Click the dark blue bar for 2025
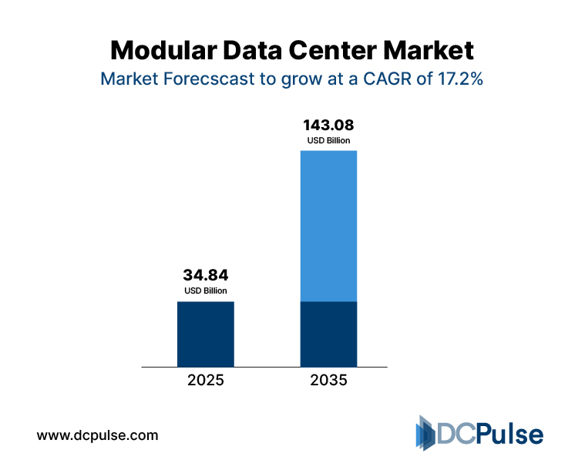pyautogui.click(x=206, y=334)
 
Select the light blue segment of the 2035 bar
pyautogui.click(x=328, y=226)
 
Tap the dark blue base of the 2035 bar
pyautogui.click(x=328, y=334)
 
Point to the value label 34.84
pyautogui.click(x=206, y=275)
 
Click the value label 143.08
pyautogui.click(x=328, y=125)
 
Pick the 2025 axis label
pyautogui.click(x=206, y=381)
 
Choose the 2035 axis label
pyautogui.click(x=328, y=381)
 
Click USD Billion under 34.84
pyautogui.click(x=206, y=290)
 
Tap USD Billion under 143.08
pyautogui.click(x=328, y=140)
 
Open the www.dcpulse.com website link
pyautogui.click(x=98, y=435)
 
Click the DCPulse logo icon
pyautogui.click(x=426, y=434)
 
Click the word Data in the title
pyautogui.click(x=255, y=51)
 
